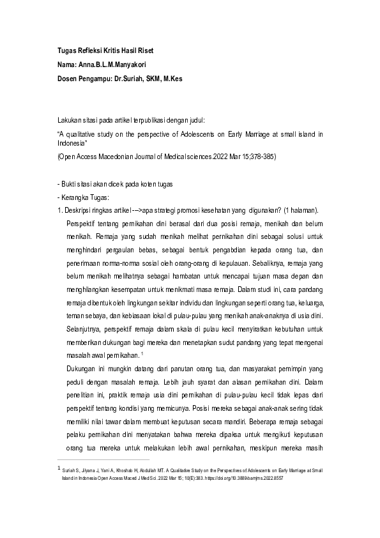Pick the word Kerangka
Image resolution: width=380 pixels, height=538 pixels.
[77, 196]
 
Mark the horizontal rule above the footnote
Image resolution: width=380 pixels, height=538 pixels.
[103, 459]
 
